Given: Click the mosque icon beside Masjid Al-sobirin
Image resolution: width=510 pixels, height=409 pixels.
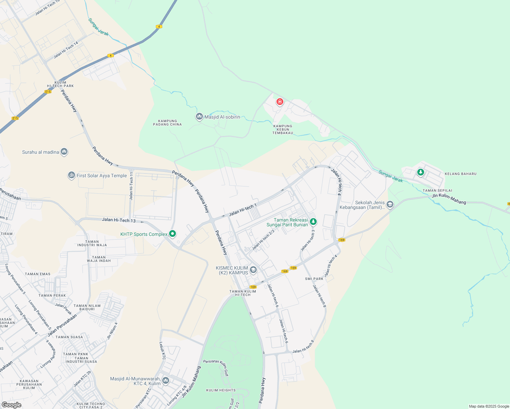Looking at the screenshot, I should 199,117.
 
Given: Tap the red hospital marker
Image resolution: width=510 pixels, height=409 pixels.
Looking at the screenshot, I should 280,102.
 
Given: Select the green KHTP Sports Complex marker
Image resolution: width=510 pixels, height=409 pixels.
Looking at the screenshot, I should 172,234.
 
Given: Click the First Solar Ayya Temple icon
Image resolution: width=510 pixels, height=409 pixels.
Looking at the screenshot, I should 71,176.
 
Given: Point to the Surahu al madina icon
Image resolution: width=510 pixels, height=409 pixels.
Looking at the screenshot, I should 64,152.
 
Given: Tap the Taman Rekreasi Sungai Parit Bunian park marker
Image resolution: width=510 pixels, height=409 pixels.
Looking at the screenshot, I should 313,222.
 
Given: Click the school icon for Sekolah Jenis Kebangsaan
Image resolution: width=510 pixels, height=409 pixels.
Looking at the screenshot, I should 390,204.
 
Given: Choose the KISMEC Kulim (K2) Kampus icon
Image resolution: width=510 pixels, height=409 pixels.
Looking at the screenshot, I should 253,270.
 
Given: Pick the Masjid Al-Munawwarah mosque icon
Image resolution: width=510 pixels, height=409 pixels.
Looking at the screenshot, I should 166,380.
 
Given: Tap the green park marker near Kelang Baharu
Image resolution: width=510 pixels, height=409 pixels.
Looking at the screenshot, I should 421,172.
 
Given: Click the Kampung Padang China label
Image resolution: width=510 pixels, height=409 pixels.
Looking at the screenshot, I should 167,123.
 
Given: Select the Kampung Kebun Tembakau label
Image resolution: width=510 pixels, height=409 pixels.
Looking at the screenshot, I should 283,130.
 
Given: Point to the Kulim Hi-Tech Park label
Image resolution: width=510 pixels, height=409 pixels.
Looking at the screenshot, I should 60,84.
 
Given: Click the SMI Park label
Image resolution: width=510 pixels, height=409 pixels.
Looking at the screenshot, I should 314,279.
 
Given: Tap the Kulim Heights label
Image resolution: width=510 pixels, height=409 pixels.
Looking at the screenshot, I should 221,390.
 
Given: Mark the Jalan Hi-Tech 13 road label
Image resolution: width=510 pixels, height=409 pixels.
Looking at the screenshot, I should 119,221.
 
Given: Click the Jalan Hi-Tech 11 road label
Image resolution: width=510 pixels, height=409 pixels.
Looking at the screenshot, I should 131,189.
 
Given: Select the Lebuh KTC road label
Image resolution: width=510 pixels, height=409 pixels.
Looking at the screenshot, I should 163,351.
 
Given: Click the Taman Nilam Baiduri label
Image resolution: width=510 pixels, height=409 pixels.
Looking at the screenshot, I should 87,307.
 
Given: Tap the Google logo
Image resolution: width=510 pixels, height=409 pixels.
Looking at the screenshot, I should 11,405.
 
